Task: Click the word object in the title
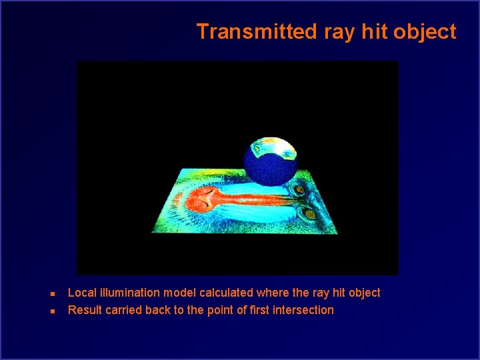(427, 32)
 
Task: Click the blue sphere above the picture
(270, 167)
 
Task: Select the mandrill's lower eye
(309, 214)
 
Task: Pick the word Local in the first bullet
(81, 293)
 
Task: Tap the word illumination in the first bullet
(127, 293)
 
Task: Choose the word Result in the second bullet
(85, 310)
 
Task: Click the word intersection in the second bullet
(303, 310)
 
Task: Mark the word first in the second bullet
(257, 310)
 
